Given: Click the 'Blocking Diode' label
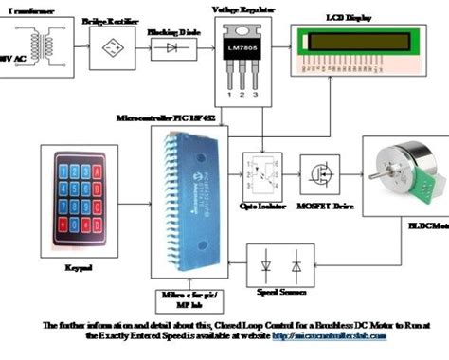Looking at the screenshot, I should (x=168, y=30).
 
